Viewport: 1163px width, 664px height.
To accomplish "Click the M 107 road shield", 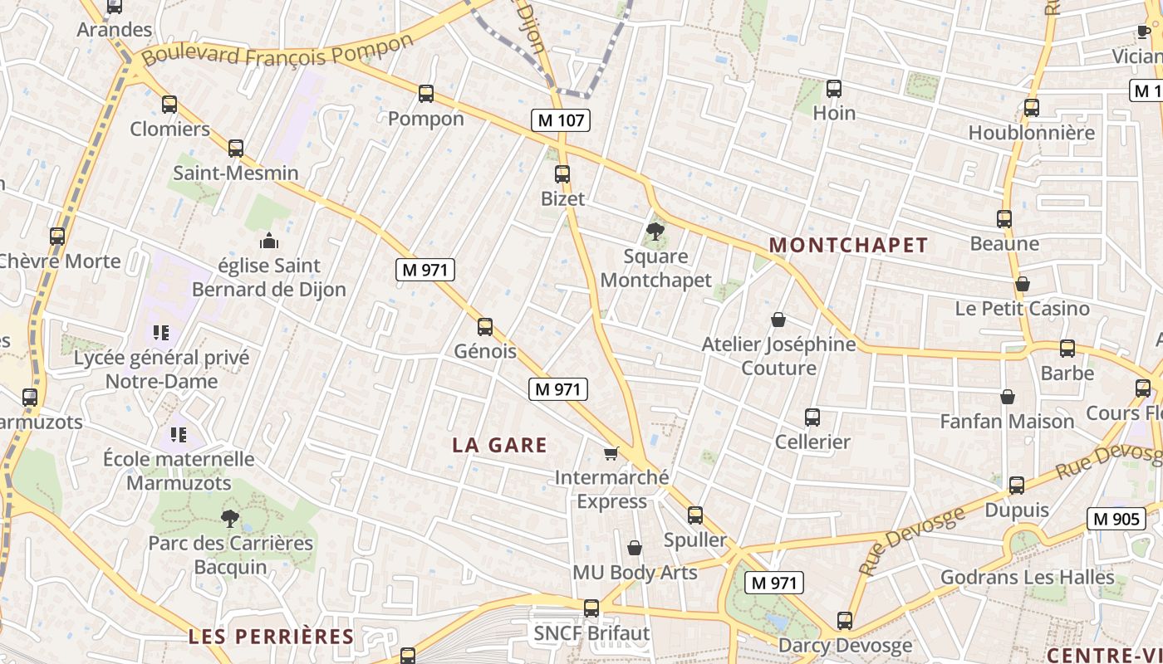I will (x=562, y=120).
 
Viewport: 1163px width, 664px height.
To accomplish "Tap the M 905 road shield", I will (x=1116, y=519).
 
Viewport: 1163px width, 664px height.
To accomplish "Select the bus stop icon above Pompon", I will (x=426, y=94).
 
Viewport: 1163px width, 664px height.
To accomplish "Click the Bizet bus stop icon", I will (x=562, y=174).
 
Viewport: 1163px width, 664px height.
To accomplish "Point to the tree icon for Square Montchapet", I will (x=655, y=232).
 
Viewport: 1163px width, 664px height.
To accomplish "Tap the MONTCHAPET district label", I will (x=848, y=245).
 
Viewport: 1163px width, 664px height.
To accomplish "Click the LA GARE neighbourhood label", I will (x=499, y=445).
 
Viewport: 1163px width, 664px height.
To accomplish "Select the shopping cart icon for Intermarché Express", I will (x=611, y=453).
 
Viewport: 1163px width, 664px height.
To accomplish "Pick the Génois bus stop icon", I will (x=485, y=327).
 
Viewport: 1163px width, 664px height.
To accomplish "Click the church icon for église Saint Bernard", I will (x=269, y=242).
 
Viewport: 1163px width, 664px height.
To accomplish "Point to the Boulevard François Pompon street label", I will (x=277, y=51).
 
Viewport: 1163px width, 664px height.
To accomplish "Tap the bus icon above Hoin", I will (x=834, y=89).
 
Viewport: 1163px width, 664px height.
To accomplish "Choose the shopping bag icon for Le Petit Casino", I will (x=1023, y=285).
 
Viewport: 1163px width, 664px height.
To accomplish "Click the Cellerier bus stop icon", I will (x=812, y=417).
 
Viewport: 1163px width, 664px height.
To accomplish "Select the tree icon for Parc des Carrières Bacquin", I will (x=230, y=520).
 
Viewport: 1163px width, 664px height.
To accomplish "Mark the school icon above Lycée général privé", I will (x=161, y=333).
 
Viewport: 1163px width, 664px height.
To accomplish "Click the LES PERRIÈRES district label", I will (x=271, y=637).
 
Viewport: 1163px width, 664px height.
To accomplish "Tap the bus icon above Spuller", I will (x=695, y=515).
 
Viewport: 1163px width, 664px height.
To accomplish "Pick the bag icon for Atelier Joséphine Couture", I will (x=778, y=320).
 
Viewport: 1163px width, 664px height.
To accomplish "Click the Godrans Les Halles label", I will (x=1027, y=577).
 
